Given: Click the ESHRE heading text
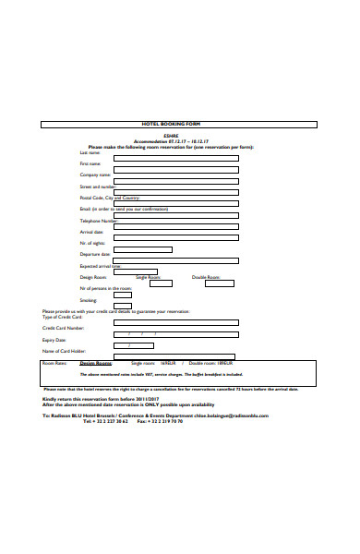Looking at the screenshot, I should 182,136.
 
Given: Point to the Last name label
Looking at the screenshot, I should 90,152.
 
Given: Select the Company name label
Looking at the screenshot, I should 95,175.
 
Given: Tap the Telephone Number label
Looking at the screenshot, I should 99,221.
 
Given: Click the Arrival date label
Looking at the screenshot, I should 91,232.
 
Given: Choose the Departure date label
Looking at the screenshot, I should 95,254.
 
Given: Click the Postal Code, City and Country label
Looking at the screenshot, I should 110,198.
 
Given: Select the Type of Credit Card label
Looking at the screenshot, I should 63,317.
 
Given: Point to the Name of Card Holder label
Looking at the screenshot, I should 64,351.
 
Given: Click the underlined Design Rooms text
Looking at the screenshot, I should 95,364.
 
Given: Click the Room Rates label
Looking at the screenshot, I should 55,364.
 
